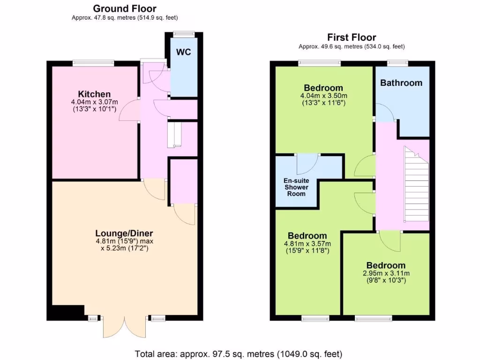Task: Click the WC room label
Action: (184, 52)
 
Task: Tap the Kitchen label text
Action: (94, 94)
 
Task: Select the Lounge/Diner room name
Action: (124, 233)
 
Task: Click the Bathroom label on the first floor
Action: (401, 83)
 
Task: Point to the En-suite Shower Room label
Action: (296, 187)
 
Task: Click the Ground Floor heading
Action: (125, 8)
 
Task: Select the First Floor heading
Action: (352, 37)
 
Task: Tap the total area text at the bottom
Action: (239, 353)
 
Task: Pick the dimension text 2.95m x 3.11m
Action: (386, 273)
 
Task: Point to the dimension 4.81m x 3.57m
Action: (307, 244)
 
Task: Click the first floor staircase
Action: (416, 185)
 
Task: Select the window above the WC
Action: (183, 33)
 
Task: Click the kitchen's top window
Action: (93, 62)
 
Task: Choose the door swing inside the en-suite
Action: (307, 163)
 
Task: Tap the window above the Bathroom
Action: (397, 62)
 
